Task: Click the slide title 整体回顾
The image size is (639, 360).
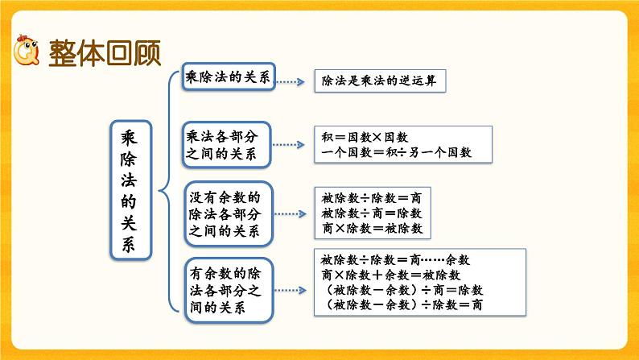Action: [105, 55]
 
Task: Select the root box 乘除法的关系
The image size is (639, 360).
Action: [130, 190]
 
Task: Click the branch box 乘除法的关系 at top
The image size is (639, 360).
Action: [228, 78]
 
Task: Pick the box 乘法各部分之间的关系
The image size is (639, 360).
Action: [228, 146]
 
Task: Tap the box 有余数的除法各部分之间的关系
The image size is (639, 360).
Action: [228, 285]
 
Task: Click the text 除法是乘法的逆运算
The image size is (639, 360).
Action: [378, 81]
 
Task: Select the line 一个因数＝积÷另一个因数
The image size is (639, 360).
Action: [396, 152]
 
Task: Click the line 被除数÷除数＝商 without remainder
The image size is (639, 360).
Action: [370, 198]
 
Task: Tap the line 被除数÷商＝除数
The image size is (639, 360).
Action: [370, 213]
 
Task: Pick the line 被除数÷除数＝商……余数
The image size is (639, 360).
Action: [395, 260]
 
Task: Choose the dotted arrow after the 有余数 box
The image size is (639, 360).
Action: [289, 285]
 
